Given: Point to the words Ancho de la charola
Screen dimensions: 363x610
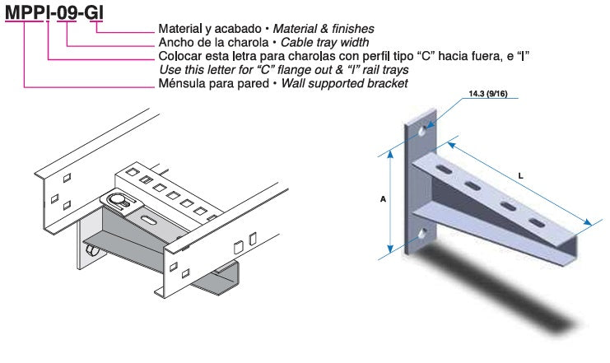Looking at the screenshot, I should click(x=210, y=43).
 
